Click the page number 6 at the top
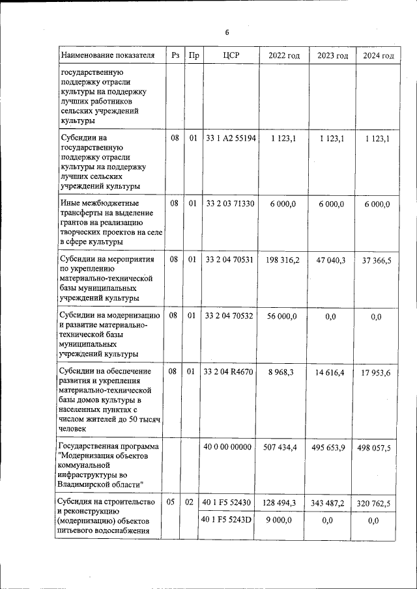[x=227, y=33]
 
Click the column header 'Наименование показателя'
[x=108, y=56]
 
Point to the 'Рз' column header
[x=175, y=56]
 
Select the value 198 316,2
[x=283, y=260]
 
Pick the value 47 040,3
[x=331, y=260]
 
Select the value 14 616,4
[x=331, y=372]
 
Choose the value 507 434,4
[x=283, y=447]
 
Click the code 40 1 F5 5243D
[x=227, y=520]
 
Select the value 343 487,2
[x=331, y=503]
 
